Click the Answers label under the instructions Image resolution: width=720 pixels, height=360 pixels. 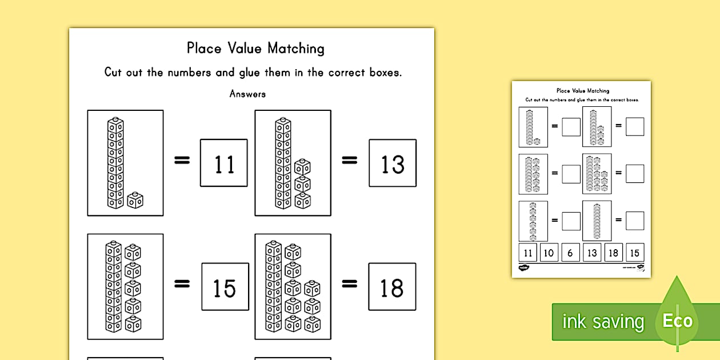pos(247,94)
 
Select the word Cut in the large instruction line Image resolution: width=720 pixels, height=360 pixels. pos(113,73)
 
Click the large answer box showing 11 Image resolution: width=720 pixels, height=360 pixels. pos(224,163)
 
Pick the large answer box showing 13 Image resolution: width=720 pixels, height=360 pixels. pos(393,163)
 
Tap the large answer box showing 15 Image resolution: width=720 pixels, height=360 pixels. pos(224,287)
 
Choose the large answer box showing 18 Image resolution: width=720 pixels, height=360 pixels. pos(392,287)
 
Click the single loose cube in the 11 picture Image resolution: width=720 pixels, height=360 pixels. pos(135,200)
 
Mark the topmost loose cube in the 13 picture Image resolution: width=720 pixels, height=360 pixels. pos(302,167)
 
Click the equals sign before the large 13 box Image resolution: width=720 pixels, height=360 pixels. pos(349,162)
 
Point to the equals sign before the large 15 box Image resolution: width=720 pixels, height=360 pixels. pos(182,284)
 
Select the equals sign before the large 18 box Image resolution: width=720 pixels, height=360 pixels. pos(349,284)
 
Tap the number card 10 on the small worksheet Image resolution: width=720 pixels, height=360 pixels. pos(549,253)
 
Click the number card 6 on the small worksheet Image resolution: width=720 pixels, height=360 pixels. pos(570,253)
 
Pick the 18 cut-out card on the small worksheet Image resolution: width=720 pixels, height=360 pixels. pos(613,253)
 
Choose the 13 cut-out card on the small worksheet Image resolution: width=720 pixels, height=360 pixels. pos(591,253)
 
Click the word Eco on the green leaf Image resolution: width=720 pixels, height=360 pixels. pos(678,321)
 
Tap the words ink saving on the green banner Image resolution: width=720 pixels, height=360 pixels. pos(602,322)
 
